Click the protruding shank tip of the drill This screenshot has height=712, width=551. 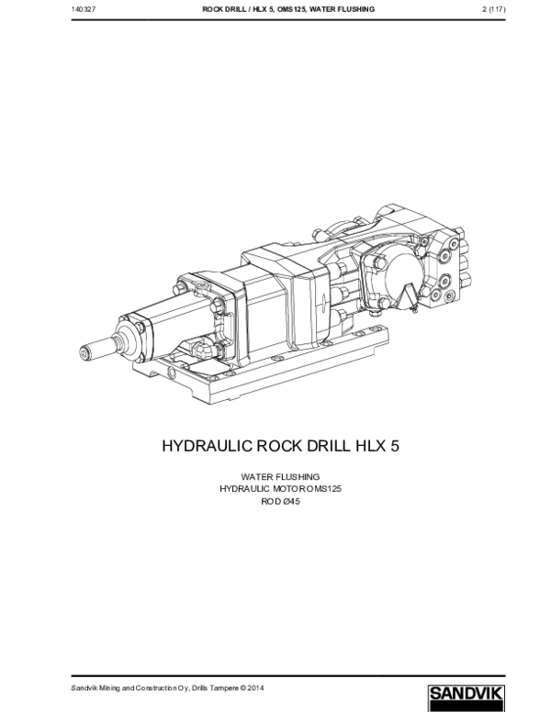point(88,350)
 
